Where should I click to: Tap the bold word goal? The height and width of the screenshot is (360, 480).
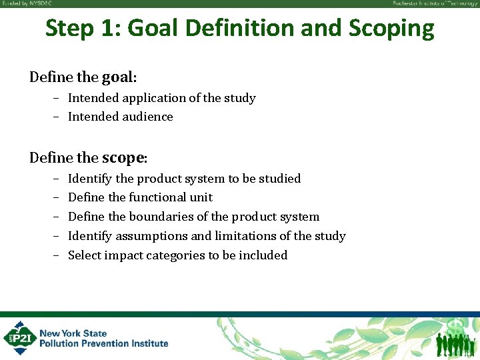(119, 77)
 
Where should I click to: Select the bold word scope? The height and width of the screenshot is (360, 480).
(124, 157)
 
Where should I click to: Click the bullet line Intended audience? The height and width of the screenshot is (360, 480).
(120, 117)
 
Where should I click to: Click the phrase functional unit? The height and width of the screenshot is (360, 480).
(171, 197)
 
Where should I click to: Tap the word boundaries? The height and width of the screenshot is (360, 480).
(159, 217)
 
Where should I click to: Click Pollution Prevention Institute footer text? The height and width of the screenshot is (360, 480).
(103, 343)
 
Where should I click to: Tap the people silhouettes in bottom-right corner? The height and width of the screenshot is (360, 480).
(456, 343)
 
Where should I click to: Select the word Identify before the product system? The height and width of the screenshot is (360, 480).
(90, 179)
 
